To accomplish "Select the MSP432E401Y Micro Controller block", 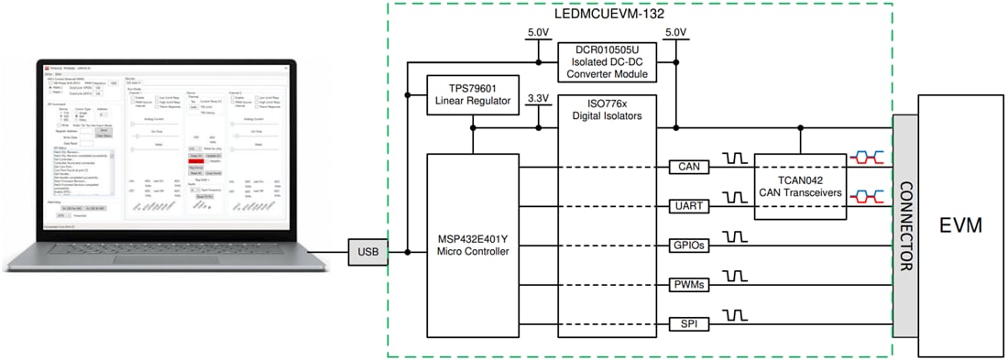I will click(474, 245).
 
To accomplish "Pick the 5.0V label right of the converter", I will click(674, 33).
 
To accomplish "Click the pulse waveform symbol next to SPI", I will click(734, 315).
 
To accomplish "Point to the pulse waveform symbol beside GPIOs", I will click(734, 236).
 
